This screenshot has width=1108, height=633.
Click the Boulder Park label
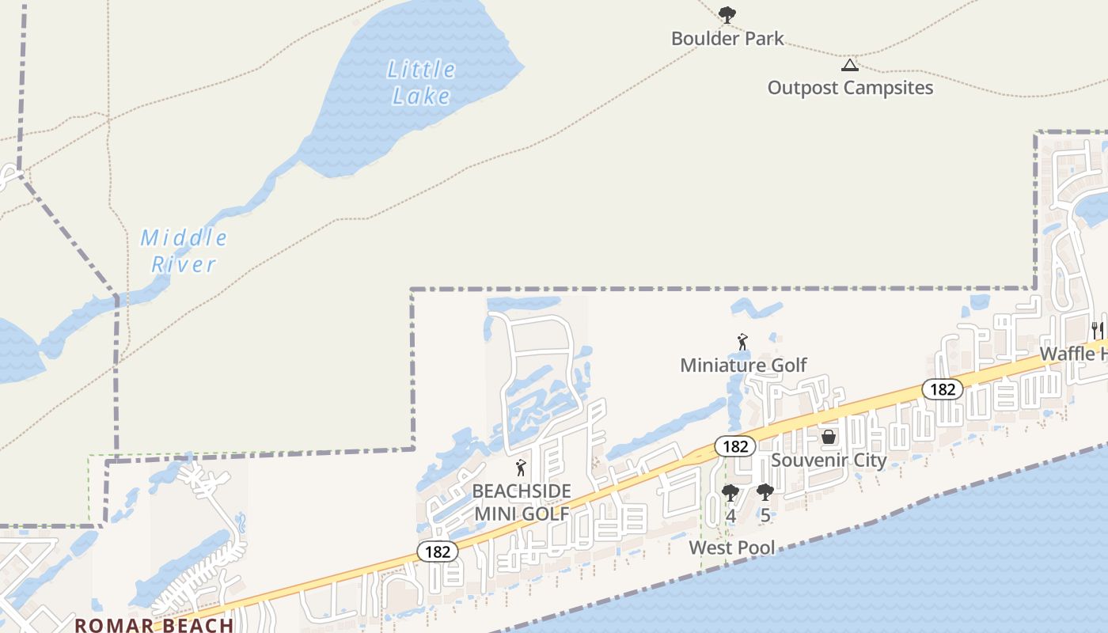[727, 38]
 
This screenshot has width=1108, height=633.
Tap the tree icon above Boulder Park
[727, 13]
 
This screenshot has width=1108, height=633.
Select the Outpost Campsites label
[850, 87]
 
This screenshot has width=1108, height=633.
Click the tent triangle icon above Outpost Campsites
[849, 65]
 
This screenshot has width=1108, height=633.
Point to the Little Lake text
[422, 82]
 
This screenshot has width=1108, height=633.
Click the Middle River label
[184, 250]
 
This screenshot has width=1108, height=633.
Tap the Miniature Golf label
[743, 365]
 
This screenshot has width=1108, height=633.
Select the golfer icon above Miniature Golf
[742, 342]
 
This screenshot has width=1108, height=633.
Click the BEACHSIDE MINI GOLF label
[522, 502]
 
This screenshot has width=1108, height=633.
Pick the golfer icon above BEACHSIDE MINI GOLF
[521, 468]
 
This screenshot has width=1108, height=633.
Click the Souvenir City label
[829, 460]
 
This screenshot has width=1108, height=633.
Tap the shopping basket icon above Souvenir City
[829, 437]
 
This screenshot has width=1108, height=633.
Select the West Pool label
[732, 548]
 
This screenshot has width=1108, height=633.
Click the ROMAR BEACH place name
[154, 625]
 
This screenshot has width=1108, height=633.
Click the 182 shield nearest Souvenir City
[735, 446]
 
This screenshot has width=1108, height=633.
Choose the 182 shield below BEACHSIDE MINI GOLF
[438, 552]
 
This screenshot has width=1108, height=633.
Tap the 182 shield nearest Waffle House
[942, 389]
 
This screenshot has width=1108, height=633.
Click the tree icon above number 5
[765, 493]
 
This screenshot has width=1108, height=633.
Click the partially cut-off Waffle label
[1072, 354]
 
